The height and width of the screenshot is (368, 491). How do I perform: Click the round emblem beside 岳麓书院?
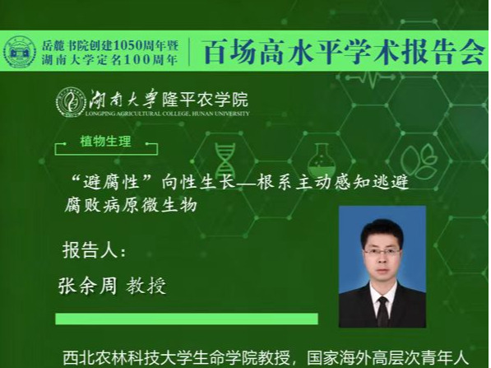point(20,51)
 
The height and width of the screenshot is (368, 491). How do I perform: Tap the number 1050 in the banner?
point(127,46)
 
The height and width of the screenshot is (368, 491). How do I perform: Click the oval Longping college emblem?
point(71,103)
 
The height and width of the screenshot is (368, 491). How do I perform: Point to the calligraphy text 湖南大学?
point(123,99)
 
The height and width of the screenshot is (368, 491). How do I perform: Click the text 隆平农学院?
point(205,100)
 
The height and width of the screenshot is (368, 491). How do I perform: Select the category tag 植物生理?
point(105,142)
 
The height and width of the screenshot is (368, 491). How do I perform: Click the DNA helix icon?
point(225,161)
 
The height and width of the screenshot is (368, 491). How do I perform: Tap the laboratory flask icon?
point(321,161)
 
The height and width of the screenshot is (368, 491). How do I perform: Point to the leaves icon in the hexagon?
point(419,162)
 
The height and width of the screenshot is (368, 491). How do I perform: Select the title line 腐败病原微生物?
point(131,205)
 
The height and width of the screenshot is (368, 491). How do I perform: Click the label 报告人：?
point(95,250)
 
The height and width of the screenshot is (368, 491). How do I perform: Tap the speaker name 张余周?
point(87,285)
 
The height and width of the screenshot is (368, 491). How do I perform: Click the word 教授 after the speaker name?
point(146,286)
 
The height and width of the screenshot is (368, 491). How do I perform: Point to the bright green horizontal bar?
point(187,319)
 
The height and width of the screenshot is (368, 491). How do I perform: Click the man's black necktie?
point(383,312)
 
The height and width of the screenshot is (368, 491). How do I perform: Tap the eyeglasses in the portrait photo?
point(382,252)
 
